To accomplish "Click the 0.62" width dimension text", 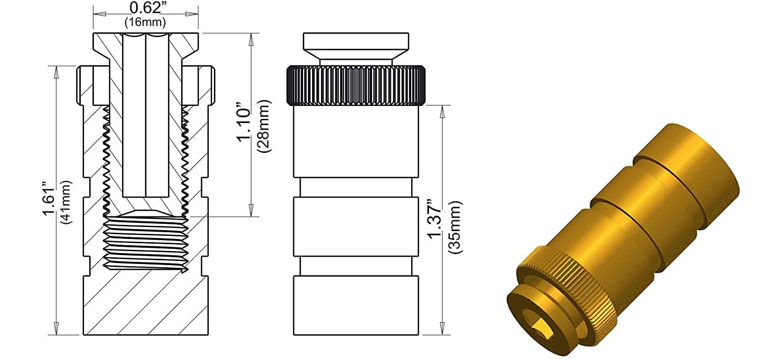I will click(x=145, y=8).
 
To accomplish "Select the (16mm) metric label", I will click(x=145, y=22).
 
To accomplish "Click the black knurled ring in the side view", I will click(x=357, y=85).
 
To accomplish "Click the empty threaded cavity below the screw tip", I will click(x=146, y=243).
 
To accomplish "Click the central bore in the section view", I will click(x=146, y=115).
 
